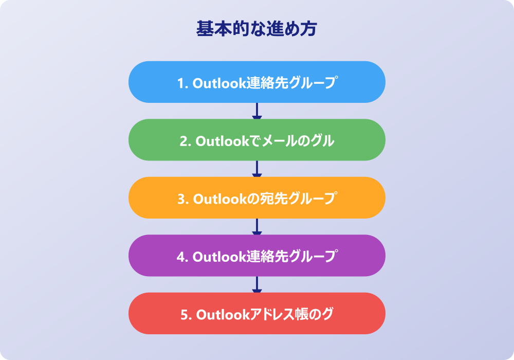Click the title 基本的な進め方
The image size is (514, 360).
click(256, 28)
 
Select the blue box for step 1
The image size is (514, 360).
click(256, 82)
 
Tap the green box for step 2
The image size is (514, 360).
click(256, 140)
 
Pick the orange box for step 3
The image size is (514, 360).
click(256, 197)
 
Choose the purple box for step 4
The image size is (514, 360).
click(256, 256)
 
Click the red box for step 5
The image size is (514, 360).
click(256, 313)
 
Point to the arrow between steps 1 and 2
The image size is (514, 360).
click(256, 111)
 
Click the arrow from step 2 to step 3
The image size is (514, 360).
click(256, 169)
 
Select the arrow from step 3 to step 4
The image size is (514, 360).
click(256, 227)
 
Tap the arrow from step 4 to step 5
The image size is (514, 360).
click(256, 284)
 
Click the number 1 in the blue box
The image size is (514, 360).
click(181, 83)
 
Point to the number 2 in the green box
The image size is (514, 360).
click(183, 141)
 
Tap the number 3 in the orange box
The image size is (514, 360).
click(181, 199)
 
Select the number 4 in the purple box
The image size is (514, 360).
click(181, 257)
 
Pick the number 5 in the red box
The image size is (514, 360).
click(185, 315)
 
